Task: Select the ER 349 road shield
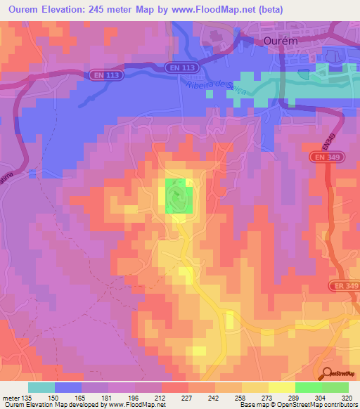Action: (x=343, y=286)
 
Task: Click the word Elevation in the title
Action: (x=73, y=10)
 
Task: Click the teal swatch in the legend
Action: (x=41, y=387)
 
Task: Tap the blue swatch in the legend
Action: (x=67, y=387)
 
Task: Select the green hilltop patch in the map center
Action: (x=179, y=195)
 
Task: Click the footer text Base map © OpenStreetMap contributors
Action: (x=295, y=405)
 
